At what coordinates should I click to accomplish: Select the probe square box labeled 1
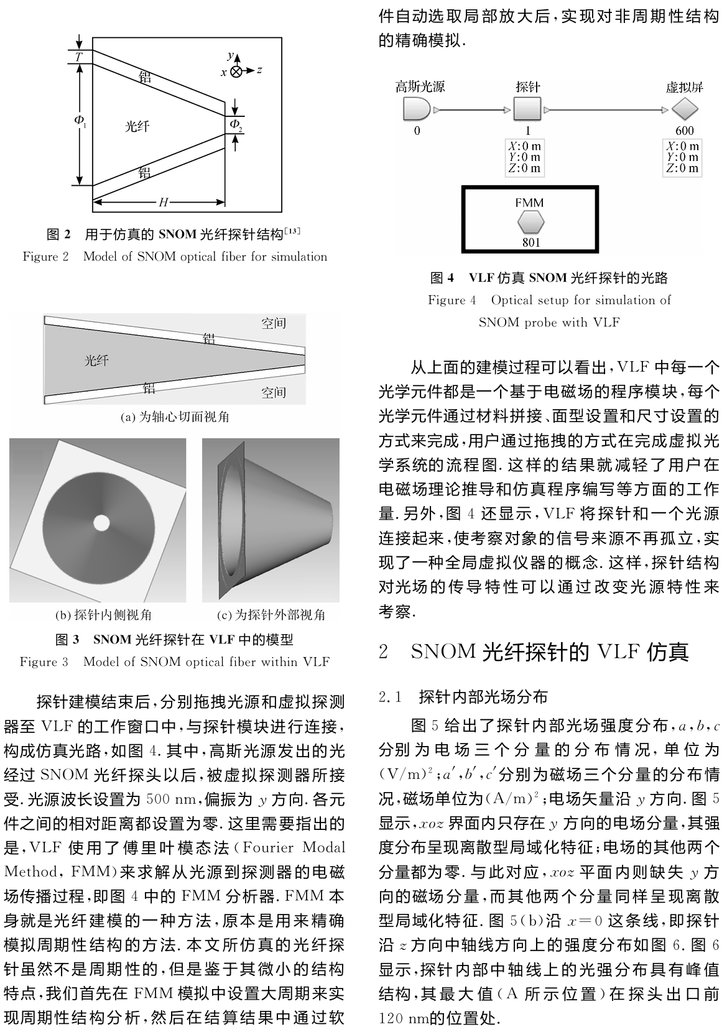(527, 110)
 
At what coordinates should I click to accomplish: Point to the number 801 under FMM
(530, 242)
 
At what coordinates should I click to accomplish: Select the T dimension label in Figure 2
(78, 57)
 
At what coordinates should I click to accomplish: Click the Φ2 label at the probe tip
(236, 125)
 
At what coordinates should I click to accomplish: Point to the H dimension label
(163, 202)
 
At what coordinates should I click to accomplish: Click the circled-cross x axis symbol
(236, 71)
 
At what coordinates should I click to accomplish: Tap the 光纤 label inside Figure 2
(137, 127)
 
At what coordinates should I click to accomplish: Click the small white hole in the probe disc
(100, 523)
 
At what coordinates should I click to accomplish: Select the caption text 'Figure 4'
(451, 300)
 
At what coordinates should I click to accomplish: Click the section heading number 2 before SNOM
(384, 652)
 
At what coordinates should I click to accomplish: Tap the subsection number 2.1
(392, 697)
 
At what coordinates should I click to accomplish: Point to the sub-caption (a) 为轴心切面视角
(174, 417)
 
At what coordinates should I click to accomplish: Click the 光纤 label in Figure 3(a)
(96, 361)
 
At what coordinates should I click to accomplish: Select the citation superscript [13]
(292, 231)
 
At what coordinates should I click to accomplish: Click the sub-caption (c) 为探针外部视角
(271, 615)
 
